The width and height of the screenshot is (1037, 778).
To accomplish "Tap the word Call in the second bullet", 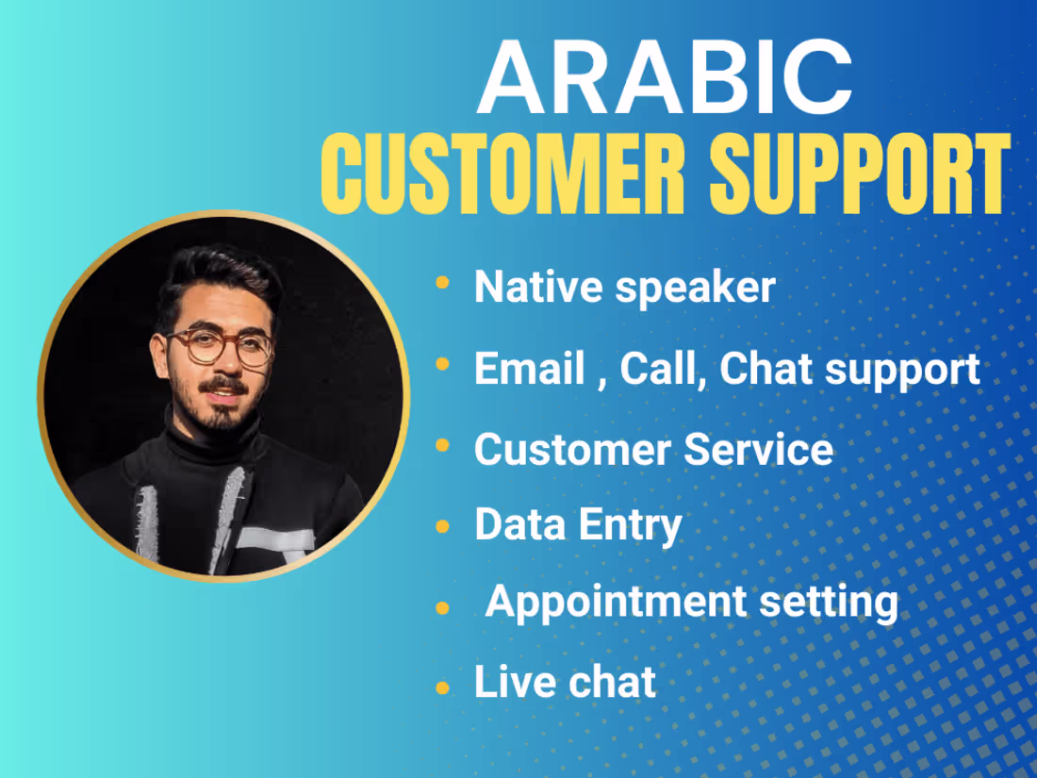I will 662,369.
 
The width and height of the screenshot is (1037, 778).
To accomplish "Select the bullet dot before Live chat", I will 442,688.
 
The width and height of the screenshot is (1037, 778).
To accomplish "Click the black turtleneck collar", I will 213,442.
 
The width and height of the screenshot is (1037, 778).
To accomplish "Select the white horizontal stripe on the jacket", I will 274,538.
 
